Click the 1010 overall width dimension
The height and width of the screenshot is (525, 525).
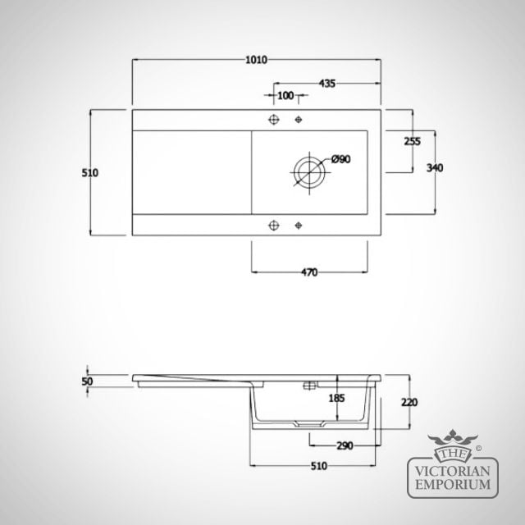click(257, 60)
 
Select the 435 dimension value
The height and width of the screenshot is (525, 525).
click(326, 84)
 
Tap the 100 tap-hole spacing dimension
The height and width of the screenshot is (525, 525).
click(285, 96)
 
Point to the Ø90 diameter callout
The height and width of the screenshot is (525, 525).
click(341, 159)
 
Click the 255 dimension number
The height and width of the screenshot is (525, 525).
click(412, 142)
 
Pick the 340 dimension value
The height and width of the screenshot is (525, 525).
click(435, 167)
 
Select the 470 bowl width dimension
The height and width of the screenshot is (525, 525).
click(309, 272)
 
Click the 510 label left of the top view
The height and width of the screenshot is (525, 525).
click(90, 173)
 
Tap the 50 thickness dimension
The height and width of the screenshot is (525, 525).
click(88, 381)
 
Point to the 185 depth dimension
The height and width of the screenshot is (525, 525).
click(336, 398)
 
